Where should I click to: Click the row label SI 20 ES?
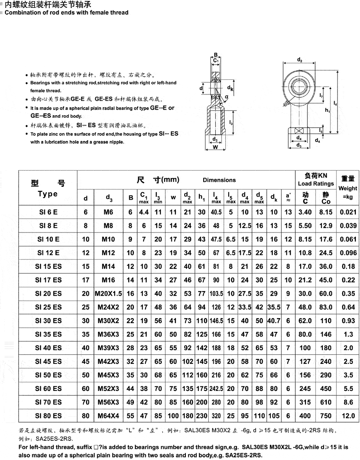click(x=48, y=294)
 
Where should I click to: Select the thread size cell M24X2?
click(x=108, y=307)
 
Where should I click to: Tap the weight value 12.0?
click(x=348, y=415)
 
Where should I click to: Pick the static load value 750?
click(x=326, y=415)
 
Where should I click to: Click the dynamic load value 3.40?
click(x=306, y=212)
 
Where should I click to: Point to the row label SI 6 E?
click(x=48, y=212)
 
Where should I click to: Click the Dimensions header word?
click(x=219, y=180)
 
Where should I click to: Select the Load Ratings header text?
click(x=316, y=183)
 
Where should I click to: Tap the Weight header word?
click(x=348, y=188)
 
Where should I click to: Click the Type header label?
click(x=48, y=194)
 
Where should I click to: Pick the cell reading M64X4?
click(x=108, y=415)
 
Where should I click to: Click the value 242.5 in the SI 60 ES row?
click(x=217, y=388)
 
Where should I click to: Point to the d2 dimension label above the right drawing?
click(x=300, y=60)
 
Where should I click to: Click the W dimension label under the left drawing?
click(x=215, y=147)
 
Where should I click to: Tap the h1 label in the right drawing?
click(x=328, y=111)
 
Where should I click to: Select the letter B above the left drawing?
click(x=216, y=54)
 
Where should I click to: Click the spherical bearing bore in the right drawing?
click(x=299, y=84)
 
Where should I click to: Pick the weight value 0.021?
click(x=348, y=212)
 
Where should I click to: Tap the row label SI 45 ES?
click(x=48, y=361)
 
